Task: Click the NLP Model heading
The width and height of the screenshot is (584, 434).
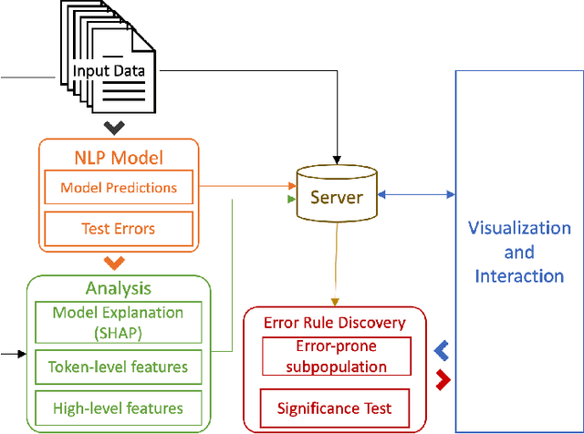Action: point(118,157)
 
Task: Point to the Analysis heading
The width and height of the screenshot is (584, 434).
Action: point(118,288)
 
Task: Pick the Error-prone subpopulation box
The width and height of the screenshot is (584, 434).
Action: point(335,356)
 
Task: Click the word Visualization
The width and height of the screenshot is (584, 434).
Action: point(519,228)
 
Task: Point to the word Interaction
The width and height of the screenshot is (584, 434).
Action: point(519,275)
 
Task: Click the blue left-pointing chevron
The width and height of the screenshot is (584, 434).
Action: point(442,350)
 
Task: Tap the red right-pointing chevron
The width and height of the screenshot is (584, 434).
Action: point(443,377)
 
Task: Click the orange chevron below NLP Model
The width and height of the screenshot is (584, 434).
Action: point(114,264)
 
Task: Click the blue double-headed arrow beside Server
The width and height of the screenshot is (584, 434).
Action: point(415,193)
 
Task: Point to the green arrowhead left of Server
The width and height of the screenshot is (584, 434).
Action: point(291,198)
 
